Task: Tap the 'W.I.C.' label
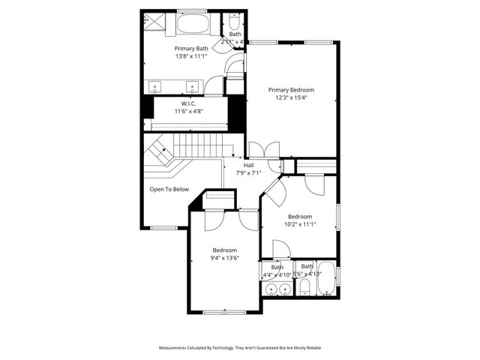tap(188, 103)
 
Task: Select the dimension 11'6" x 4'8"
tap(188, 111)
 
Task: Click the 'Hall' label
tap(248, 165)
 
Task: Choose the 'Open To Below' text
tap(169, 189)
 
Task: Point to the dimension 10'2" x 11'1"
tap(300, 223)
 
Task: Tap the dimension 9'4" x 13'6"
tap(224, 258)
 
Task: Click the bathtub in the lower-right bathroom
tap(328, 280)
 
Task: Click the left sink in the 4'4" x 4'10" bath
tap(269, 288)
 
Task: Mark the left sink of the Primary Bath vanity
tap(155, 85)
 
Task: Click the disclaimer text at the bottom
tap(239, 348)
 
